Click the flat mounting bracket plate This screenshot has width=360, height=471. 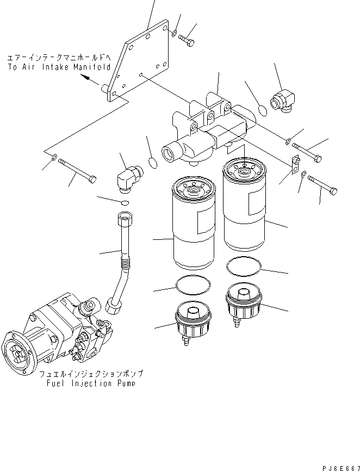[x=139, y=63]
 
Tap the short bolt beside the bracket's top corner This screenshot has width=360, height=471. [x=186, y=40]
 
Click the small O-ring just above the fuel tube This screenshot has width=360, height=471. [x=125, y=203]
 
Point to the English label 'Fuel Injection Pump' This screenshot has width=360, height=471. [x=91, y=383]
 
